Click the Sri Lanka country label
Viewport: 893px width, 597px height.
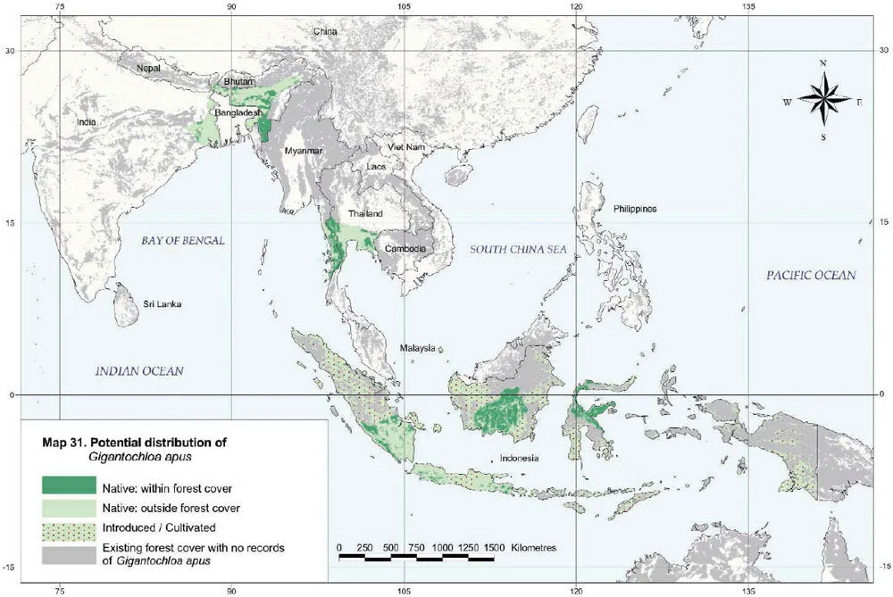click(163, 304)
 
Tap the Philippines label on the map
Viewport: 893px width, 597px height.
click(635, 209)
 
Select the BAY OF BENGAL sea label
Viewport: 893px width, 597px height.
click(182, 241)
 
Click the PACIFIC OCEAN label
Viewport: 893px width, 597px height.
click(811, 275)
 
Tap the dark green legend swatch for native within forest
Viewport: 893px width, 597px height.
click(67, 485)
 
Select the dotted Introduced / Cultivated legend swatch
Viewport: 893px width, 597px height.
click(67, 527)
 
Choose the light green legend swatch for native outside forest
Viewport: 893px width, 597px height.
click(67, 506)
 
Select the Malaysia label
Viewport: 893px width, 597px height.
click(417, 348)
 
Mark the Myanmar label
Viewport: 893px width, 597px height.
click(301, 151)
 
